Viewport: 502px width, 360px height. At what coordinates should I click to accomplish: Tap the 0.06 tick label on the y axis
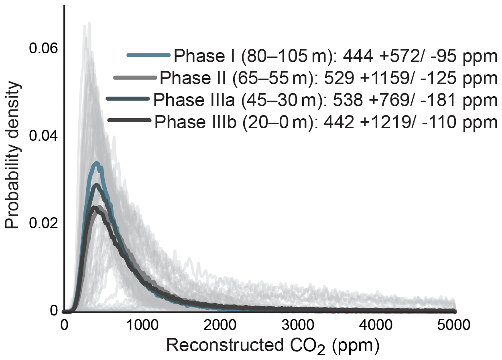44,49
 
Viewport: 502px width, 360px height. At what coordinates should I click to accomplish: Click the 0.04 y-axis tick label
44,136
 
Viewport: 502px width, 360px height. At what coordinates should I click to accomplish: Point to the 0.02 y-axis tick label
44,223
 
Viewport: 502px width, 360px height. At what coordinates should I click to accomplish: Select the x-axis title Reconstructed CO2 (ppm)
272,346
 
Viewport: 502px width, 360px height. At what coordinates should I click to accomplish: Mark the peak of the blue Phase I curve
96,164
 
